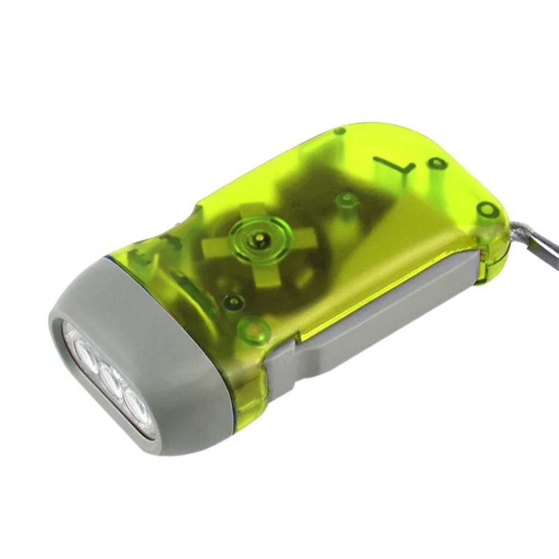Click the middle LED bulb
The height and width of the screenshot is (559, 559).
pyautogui.click(x=110, y=377)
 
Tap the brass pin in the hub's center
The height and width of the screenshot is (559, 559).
pyautogui.click(x=261, y=241)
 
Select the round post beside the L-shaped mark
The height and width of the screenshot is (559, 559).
pyautogui.click(x=437, y=165)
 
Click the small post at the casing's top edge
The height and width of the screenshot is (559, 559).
pyautogui.click(x=340, y=131)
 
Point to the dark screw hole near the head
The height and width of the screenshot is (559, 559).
pyautogui.click(x=233, y=302)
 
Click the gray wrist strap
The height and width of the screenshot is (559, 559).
pyautogui.click(x=538, y=238)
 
